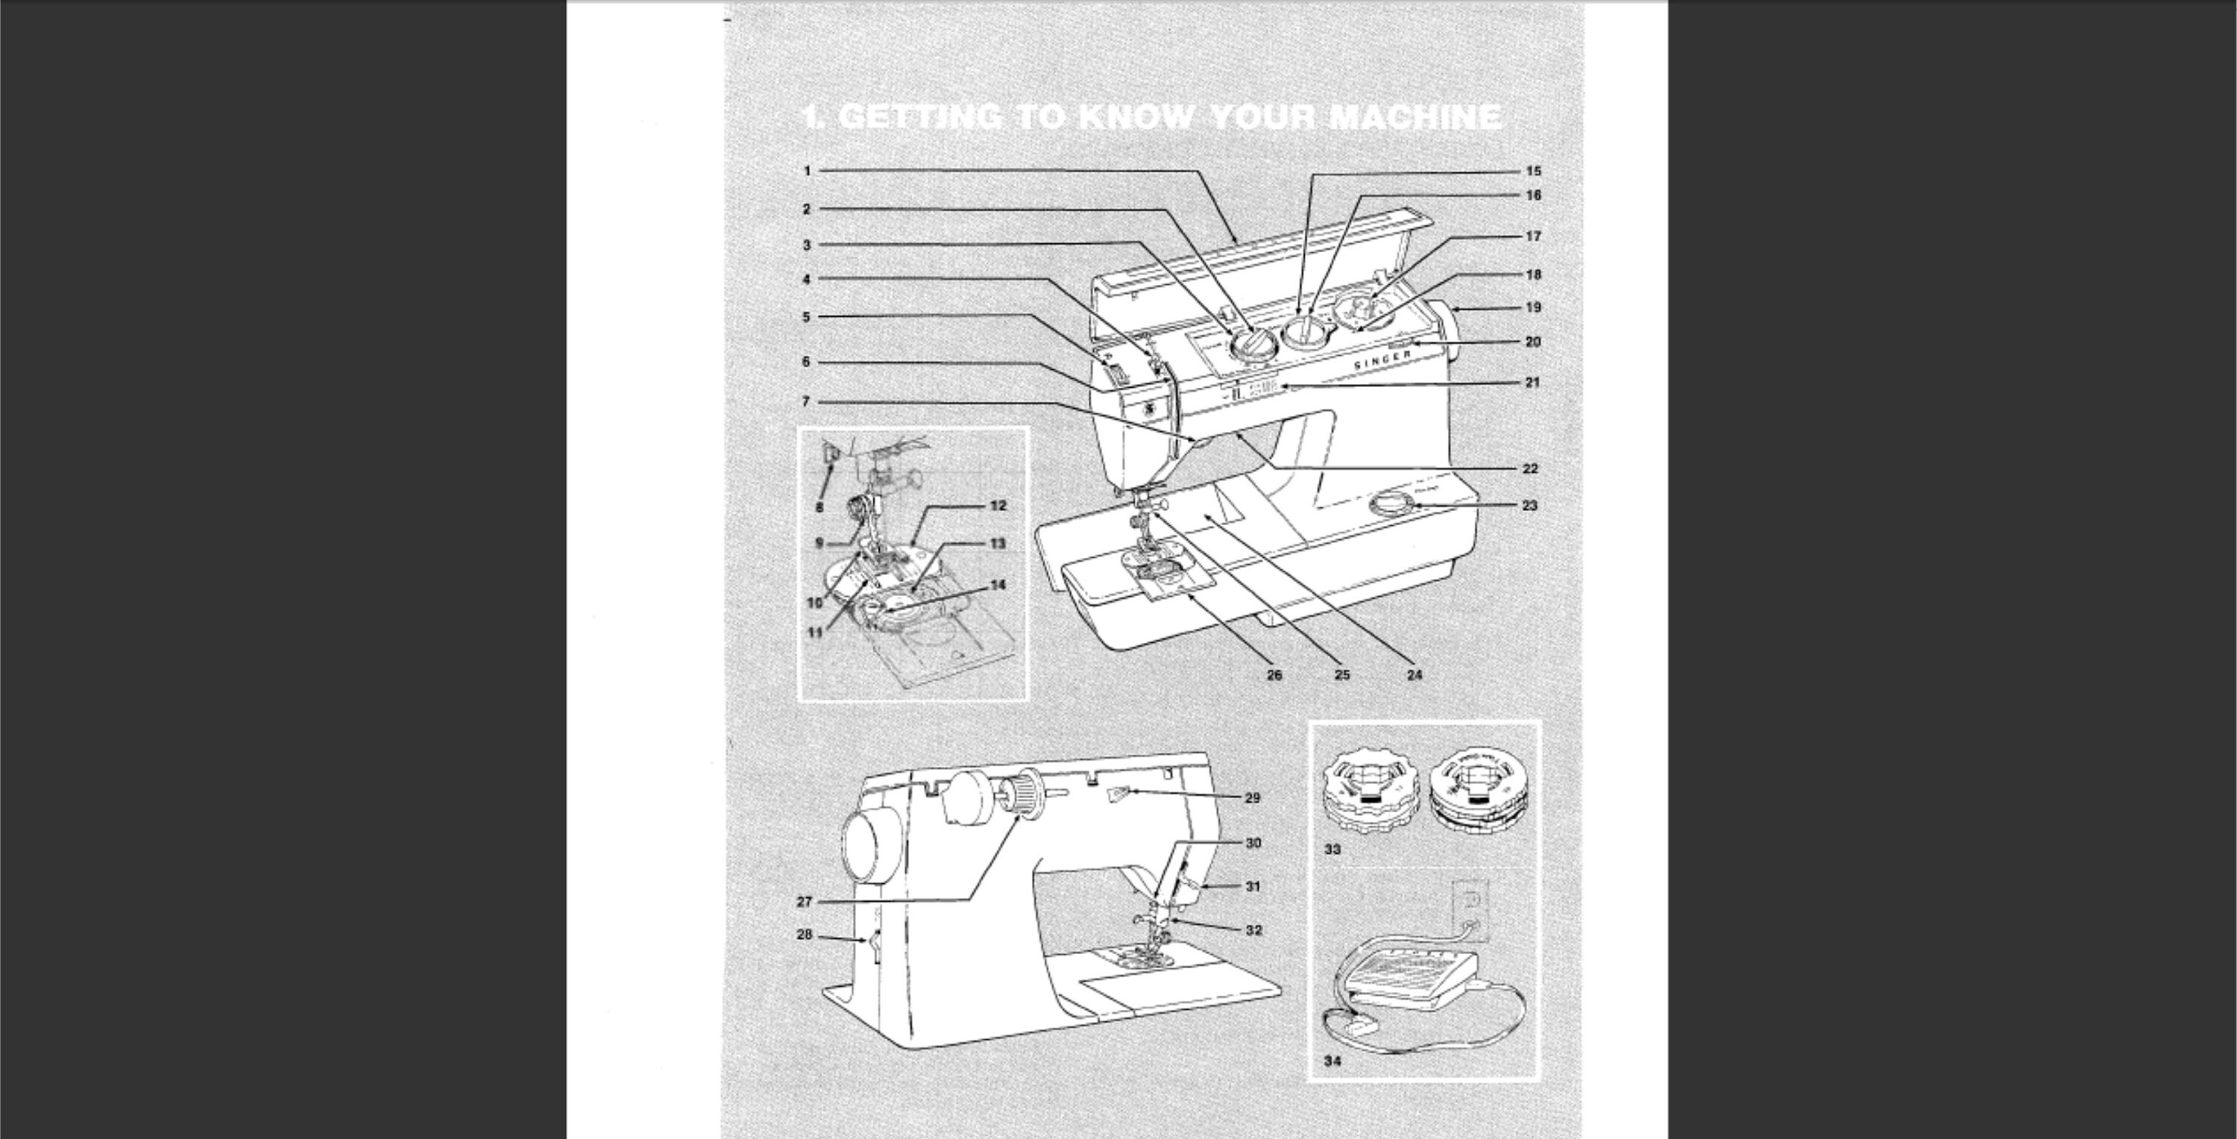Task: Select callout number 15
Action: pos(1534,171)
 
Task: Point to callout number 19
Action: pos(1534,307)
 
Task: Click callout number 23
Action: pos(1530,505)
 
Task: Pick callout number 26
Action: pos(1274,674)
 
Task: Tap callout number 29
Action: pos(1252,797)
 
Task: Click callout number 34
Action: pos(1332,1061)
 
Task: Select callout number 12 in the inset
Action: pos(998,506)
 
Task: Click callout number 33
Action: pos(1332,850)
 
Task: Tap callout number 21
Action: pos(1533,382)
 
